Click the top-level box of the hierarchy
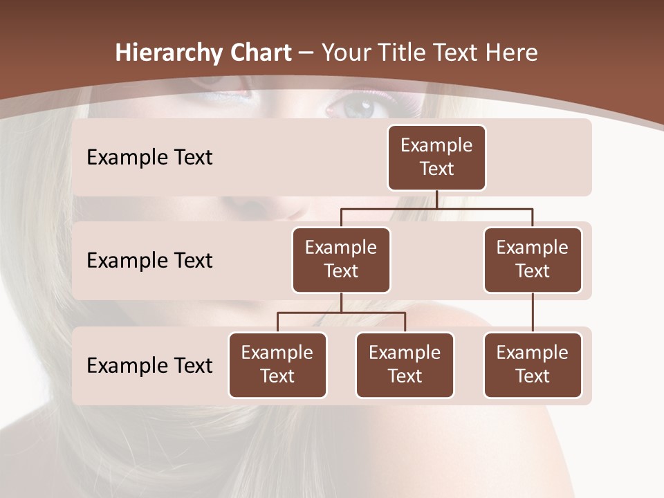436,158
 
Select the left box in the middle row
341,260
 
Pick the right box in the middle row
533,260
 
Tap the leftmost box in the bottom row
277,365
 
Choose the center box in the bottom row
405,365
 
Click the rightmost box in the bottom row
533,365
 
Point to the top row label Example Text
149,158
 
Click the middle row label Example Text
149,261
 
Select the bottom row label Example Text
149,365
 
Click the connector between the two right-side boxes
533,313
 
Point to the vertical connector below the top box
436,199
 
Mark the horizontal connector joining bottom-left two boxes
341,313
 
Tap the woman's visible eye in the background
358,107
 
